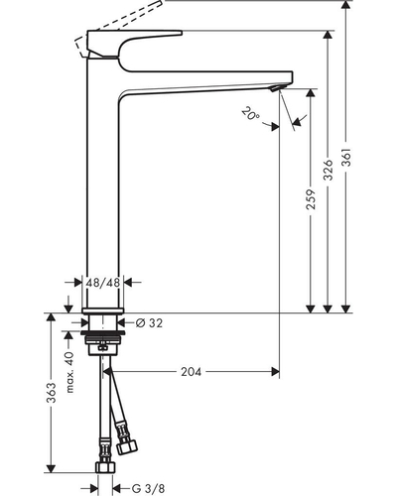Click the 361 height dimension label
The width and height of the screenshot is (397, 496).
click(x=346, y=158)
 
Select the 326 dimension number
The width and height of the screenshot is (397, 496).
click(x=328, y=170)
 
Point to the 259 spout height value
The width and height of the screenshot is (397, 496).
click(x=311, y=199)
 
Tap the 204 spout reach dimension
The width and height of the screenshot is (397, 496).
click(x=191, y=372)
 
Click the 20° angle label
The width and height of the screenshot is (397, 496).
click(x=251, y=113)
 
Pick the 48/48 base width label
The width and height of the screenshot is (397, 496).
click(x=102, y=283)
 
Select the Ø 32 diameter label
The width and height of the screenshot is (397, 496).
click(x=150, y=322)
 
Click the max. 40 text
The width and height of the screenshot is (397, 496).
click(x=69, y=372)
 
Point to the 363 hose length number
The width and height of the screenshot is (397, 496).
click(x=51, y=393)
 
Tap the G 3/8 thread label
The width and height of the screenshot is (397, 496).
click(x=148, y=488)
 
